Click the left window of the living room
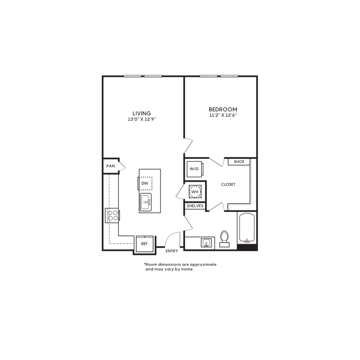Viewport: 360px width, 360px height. click(x=132, y=76)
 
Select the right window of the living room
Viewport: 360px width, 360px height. click(x=153, y=76)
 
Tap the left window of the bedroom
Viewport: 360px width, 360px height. click(x=208, y=76)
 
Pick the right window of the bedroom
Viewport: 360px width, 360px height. click(x=229, y=76)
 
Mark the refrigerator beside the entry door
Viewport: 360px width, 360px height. click(x=143, y=244)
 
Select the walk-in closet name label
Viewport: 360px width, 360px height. click(x=228, y=184)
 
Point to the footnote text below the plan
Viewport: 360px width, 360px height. click(x=180, y=267)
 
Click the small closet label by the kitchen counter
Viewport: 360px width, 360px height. click(x=111, y=166)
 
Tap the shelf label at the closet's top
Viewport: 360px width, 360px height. click(x=239, y=162)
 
